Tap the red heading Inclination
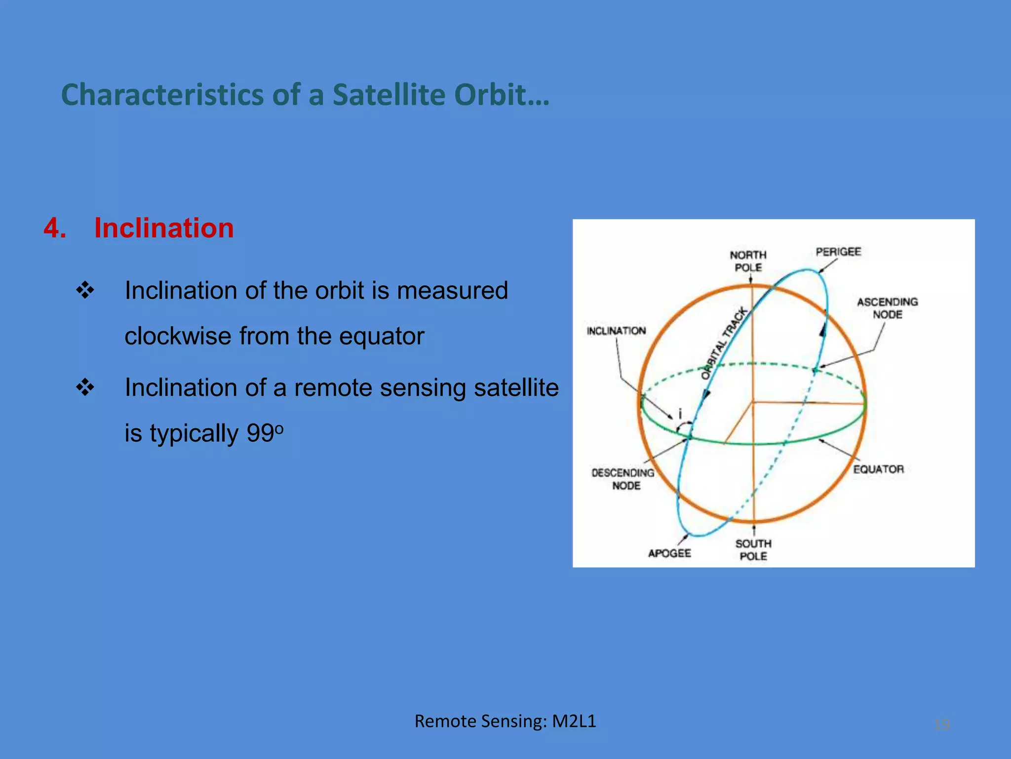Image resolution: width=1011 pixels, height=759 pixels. point(164,228)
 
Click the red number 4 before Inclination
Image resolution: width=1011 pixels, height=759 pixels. point(54,228)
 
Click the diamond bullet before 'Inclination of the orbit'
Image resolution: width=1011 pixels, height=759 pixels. point(85,290)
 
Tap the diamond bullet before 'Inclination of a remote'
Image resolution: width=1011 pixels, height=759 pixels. point(85,387)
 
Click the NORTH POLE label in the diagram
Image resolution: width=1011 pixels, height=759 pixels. point(748,261)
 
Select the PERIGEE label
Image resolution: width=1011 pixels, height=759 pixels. point(838,252)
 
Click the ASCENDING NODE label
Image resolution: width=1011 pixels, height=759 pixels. point(887,308)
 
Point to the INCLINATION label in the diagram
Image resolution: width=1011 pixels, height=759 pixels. point(616,331)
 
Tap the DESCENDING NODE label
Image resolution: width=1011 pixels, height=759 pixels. point(623,479)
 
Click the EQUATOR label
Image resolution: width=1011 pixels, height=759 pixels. point(879,469)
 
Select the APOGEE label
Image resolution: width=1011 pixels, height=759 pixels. point(669,553)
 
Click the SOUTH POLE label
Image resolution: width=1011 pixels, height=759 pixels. point(753,549)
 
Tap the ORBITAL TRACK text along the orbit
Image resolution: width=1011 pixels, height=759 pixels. point(725,343)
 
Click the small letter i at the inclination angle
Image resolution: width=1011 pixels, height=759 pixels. point(680,414)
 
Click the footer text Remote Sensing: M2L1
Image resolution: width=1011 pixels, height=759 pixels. point(505,721)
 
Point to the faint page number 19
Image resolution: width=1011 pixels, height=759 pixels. point(942,724)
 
